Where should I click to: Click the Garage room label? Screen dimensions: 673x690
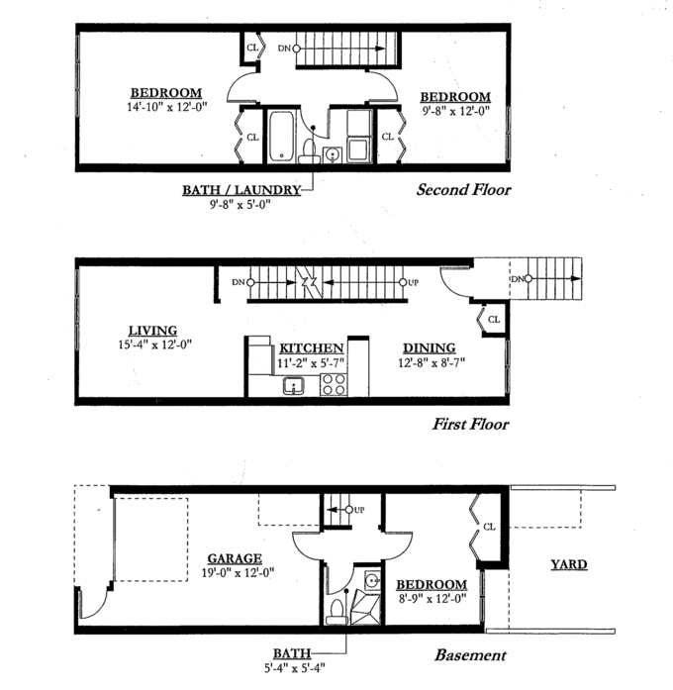tap(235, 558)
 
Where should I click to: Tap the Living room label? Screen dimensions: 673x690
tap(152, 331)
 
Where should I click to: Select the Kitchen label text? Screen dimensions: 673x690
tap(312, 348)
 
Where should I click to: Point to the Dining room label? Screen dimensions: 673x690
tap(430, 348)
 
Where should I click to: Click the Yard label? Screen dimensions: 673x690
tap(569, 564)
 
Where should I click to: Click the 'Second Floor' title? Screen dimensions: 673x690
tap(463, 190)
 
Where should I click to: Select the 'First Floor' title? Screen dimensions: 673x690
tap(470, 425)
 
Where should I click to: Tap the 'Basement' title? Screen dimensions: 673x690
tap(470, 655)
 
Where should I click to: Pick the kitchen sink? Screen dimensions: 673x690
tap(294, 386)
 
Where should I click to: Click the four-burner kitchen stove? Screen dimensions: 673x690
tap(334, 385)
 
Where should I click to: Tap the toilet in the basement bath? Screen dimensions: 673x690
tap(337, 612)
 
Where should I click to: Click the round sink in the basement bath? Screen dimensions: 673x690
tap(372, 580)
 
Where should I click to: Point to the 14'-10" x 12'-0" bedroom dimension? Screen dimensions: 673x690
tap(166, 107)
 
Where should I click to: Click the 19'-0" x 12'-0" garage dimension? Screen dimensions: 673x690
tap(238, 572)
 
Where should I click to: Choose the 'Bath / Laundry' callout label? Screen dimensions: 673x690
tap(241, 190)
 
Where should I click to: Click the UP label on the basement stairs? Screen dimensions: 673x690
tap(359, 510)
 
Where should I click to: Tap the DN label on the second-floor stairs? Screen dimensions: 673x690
tap(284, 49)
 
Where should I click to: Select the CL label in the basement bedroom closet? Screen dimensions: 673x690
tap(489, 527)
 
